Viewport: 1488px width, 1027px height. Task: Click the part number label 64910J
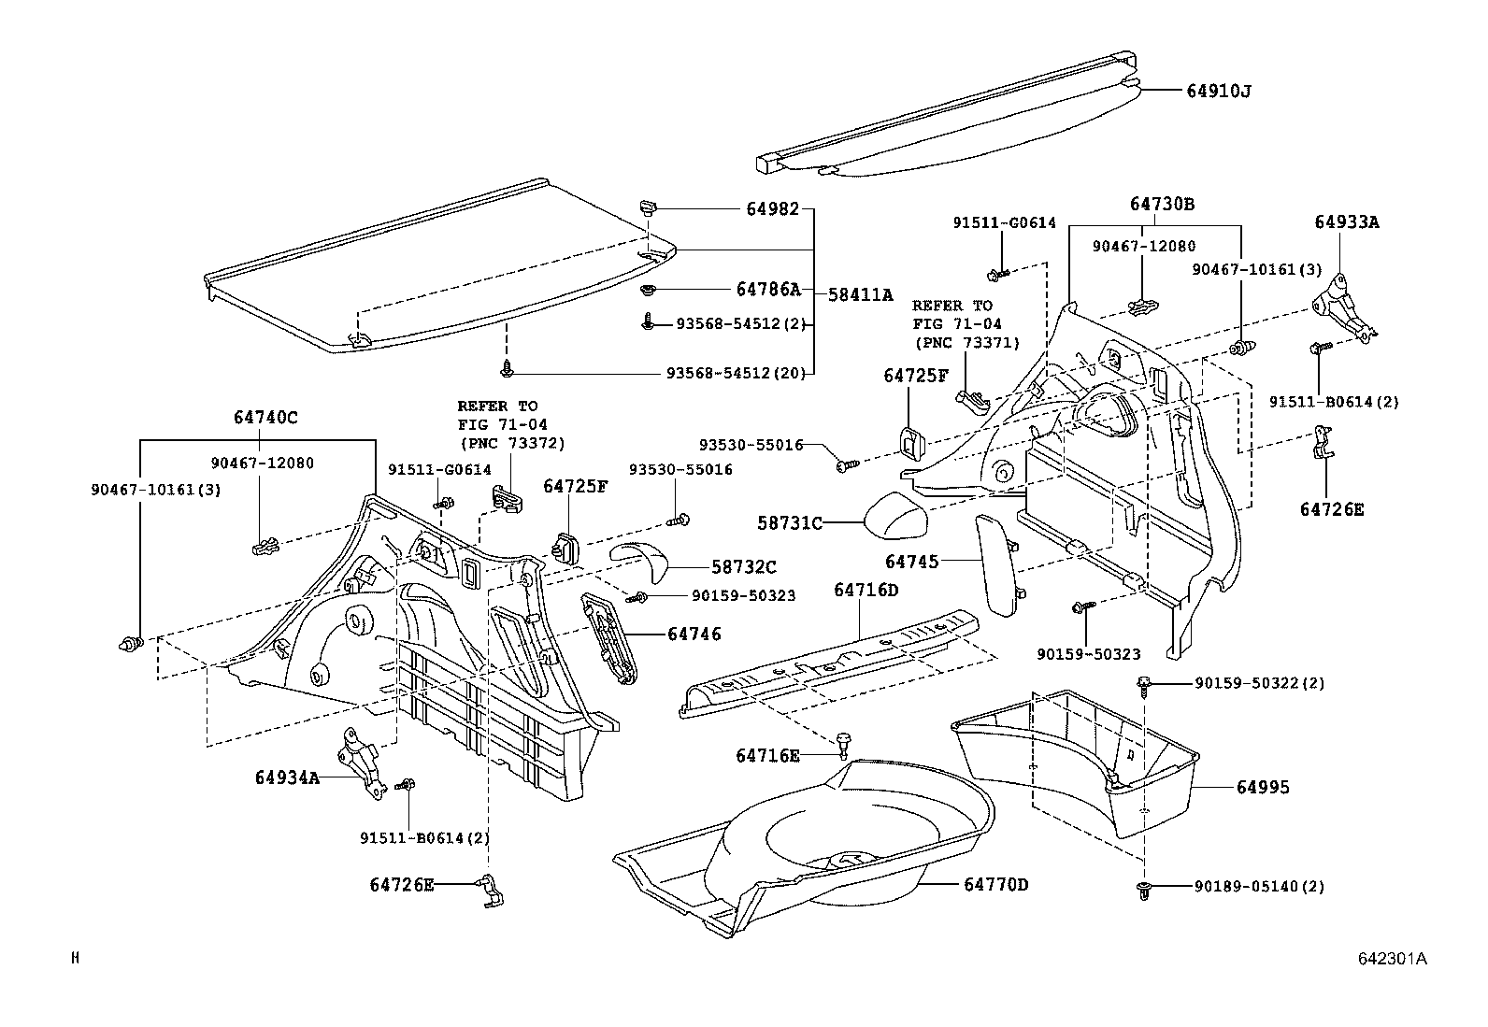[1218, 91]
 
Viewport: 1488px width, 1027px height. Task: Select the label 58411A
[860, 293]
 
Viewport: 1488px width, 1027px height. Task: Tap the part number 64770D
[996, 884]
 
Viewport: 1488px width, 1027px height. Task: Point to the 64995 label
[1263, 788]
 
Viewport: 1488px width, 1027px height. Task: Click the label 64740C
[265, 418]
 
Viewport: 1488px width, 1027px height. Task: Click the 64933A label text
[1347, 221]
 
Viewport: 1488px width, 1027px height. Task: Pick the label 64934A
[287, 777]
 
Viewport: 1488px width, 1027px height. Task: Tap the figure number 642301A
[1393, 959]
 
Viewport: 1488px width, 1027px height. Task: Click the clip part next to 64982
[646, 207]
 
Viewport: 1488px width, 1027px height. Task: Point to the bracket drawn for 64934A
[357, 762]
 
